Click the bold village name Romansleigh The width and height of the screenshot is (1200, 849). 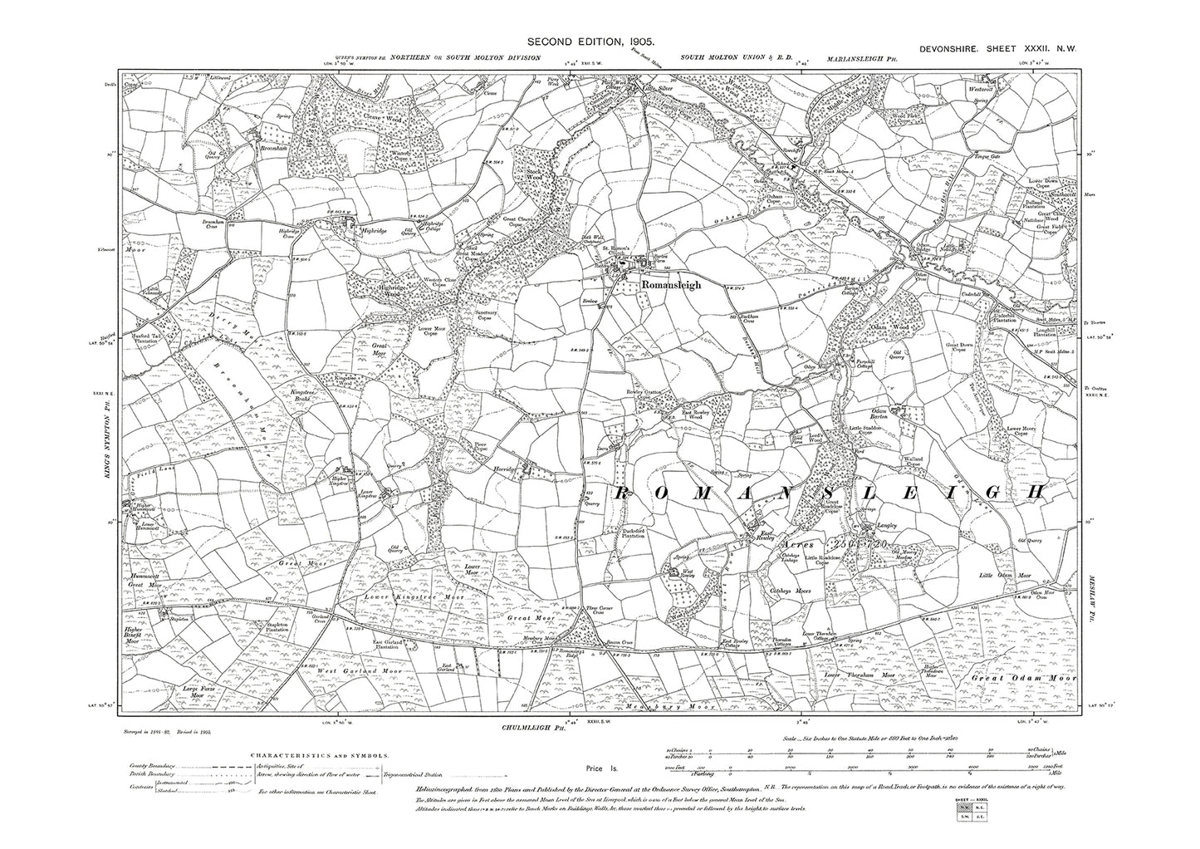click(x=671, y=285)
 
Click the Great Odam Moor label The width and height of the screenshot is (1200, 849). click(x=1023, y=679)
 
